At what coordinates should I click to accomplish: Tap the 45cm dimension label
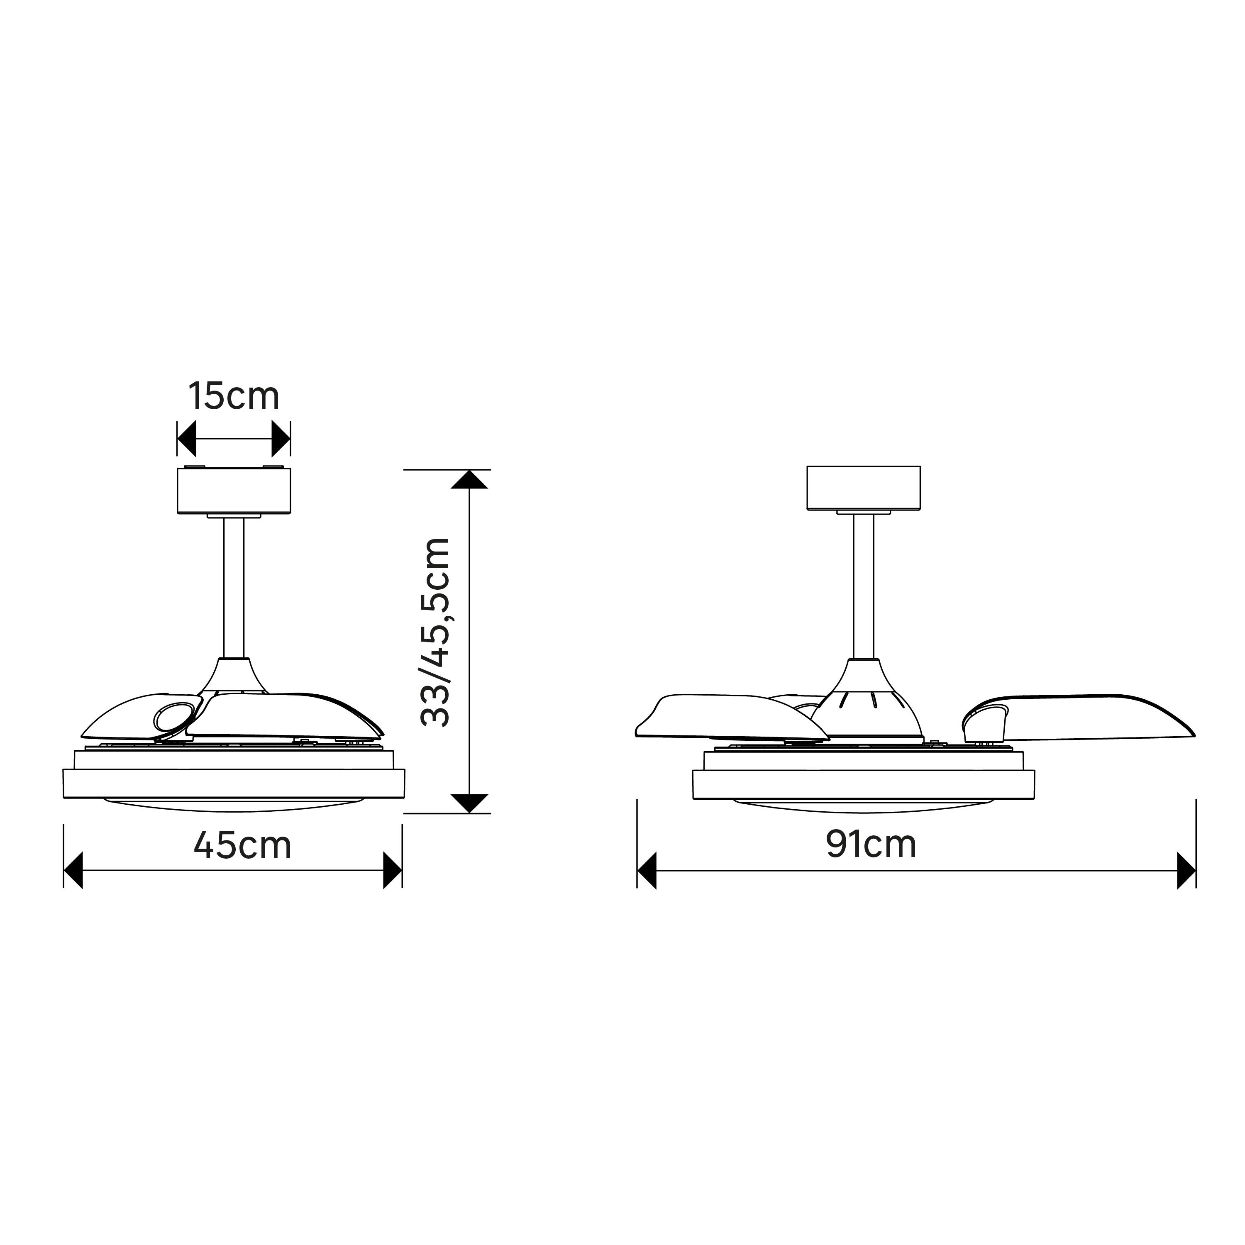coord(243,845)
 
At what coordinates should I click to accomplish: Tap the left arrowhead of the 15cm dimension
coord(186,439)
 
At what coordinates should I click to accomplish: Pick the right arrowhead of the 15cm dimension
coord(281,439)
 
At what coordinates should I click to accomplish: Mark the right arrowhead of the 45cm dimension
coord(393,871)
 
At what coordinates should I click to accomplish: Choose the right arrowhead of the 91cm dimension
coord(1186,871)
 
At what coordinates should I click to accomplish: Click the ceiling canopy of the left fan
coord(234,491)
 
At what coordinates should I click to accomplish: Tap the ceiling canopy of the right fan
coord(864,488)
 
